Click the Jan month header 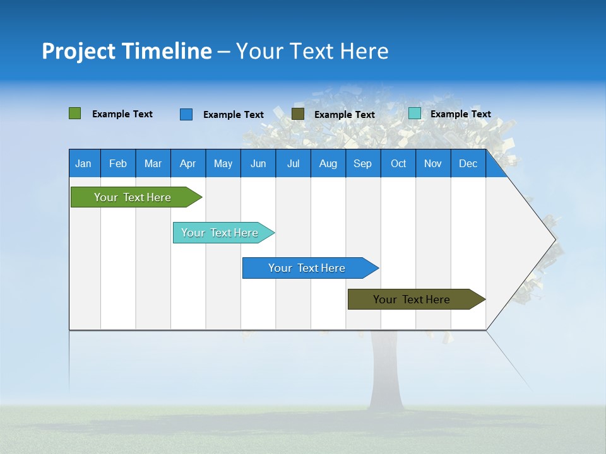[x=83, y=163]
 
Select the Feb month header [x=118, y=163]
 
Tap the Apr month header [x=187, y=163]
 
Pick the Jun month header [x=258, y=163]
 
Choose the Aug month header [x=328, y=163]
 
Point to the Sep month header [x=362, y=163]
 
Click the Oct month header [x=398, y=163]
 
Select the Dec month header [x=468, y=163]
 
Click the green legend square [x=75, y=113]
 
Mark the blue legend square [x=186, y=114]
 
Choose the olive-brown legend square [x=298, y=114]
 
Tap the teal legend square [x=415, y=113]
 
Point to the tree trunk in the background [x=386, y=372]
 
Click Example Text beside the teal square [x=460, y=113]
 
